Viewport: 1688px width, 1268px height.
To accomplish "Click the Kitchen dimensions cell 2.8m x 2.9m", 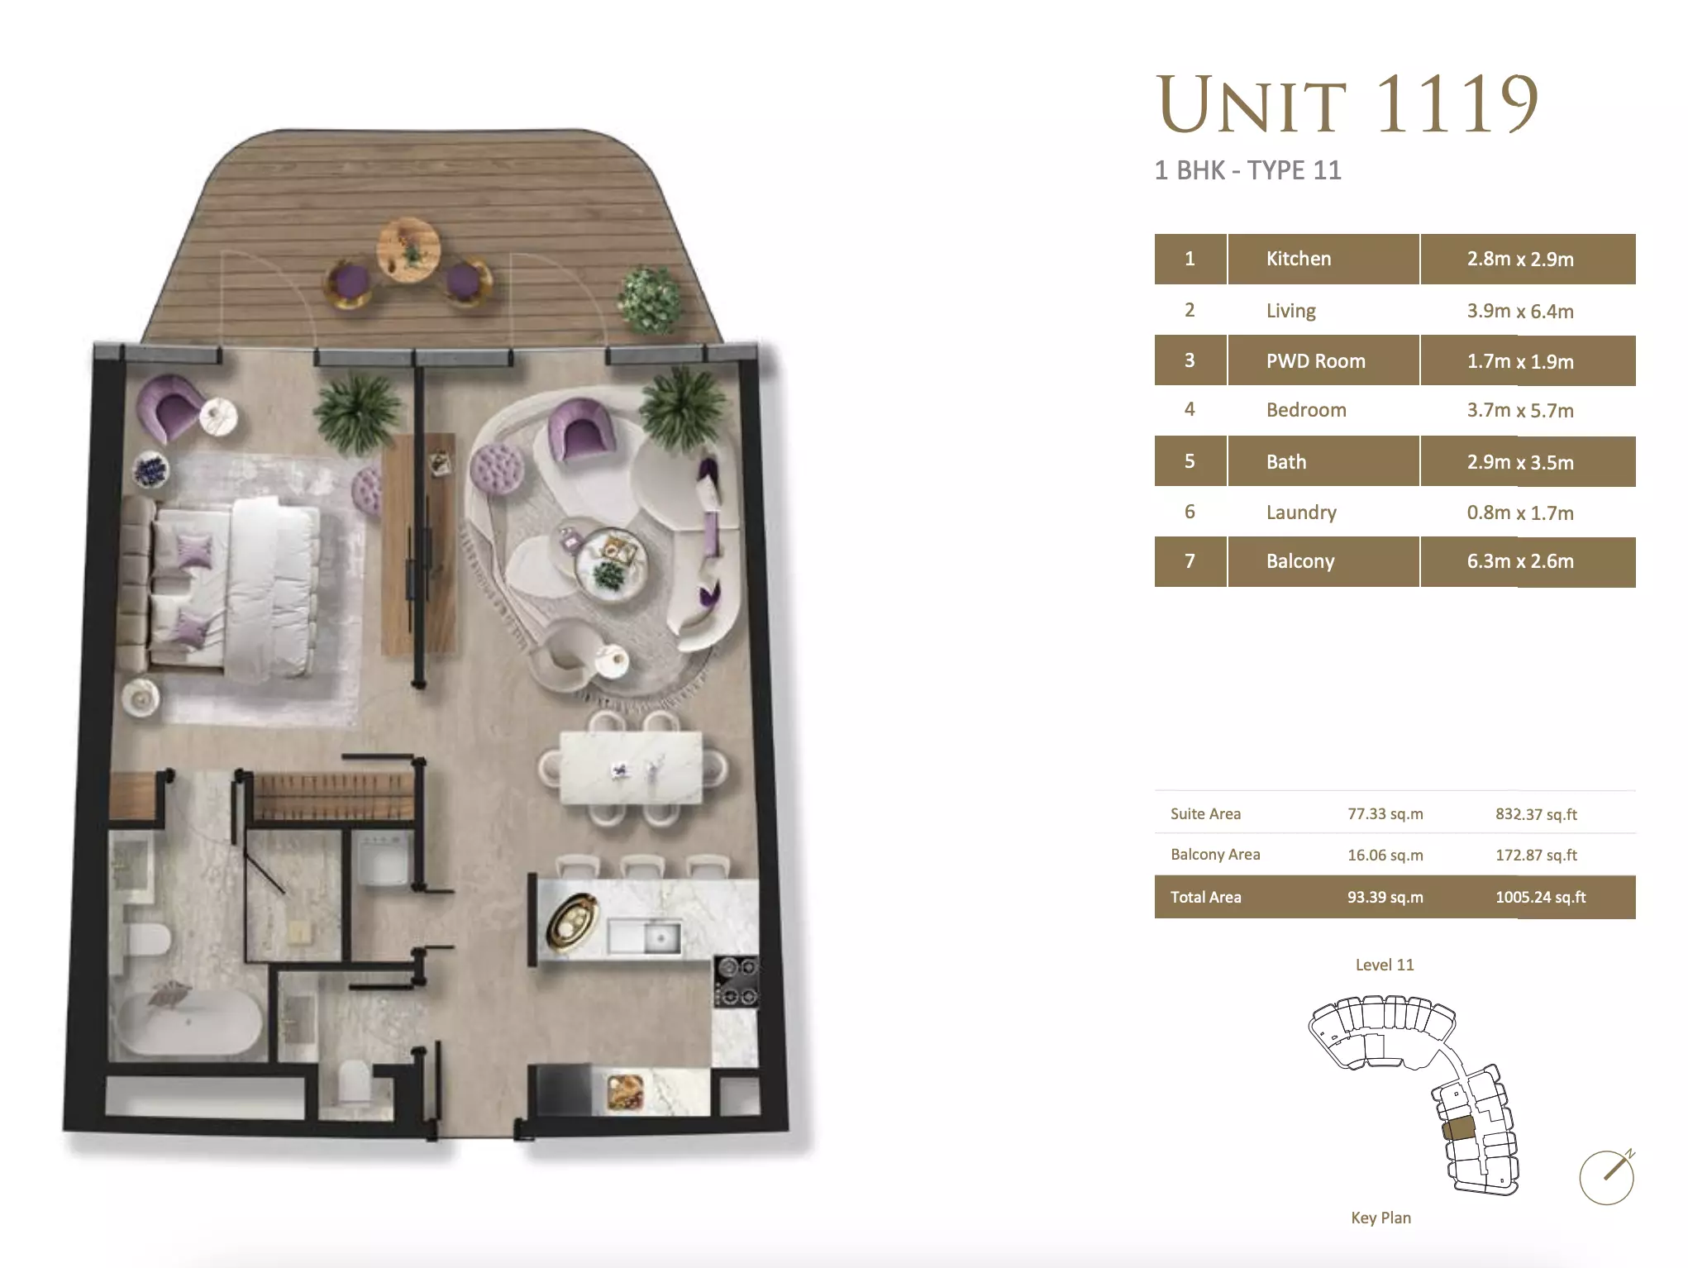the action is pyautogui.click(x=1520, y=259).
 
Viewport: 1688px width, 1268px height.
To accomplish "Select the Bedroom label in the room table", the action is pyautogui.click(x=1306, y=410).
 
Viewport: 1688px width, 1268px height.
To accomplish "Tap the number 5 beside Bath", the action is pyautogui.click(x=1190, y=461).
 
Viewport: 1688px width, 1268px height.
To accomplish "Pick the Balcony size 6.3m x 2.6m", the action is pyautogui.click(x=1520, y=561).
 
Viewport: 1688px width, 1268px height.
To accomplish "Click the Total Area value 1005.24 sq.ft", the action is pyautogui.click(x=1540, y=897).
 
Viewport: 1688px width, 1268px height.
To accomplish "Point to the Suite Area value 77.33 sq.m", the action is pyautogui.click(x=1385, y=813).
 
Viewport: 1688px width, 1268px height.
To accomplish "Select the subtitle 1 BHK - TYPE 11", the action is pyautogui.click(x=1248, y=170).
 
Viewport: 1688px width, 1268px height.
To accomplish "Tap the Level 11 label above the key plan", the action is pyautogui.click(x=1385, y=965).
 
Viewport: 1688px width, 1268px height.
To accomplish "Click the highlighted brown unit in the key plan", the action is pyautogui.click(x=1459, y=1129).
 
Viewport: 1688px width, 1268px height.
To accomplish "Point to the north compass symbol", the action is pyautogui.click(x=1608, y=1176).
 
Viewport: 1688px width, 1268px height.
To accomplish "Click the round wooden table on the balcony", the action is pyautogui.click(x=408, y=250).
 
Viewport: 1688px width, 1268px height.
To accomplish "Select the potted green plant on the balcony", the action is pyautogui.click(x=652, y=299).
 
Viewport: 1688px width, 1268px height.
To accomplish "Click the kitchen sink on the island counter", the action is pyautogui.click(x=645, y=937).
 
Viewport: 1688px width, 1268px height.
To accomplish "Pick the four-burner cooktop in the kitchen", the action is pyautogui.click(x=737, y=981).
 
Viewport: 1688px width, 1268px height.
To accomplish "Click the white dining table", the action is pyautogui.click(x=631, y=768).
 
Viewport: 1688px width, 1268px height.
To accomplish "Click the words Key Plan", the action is pyautogui.click(x=1380, y=1218).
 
